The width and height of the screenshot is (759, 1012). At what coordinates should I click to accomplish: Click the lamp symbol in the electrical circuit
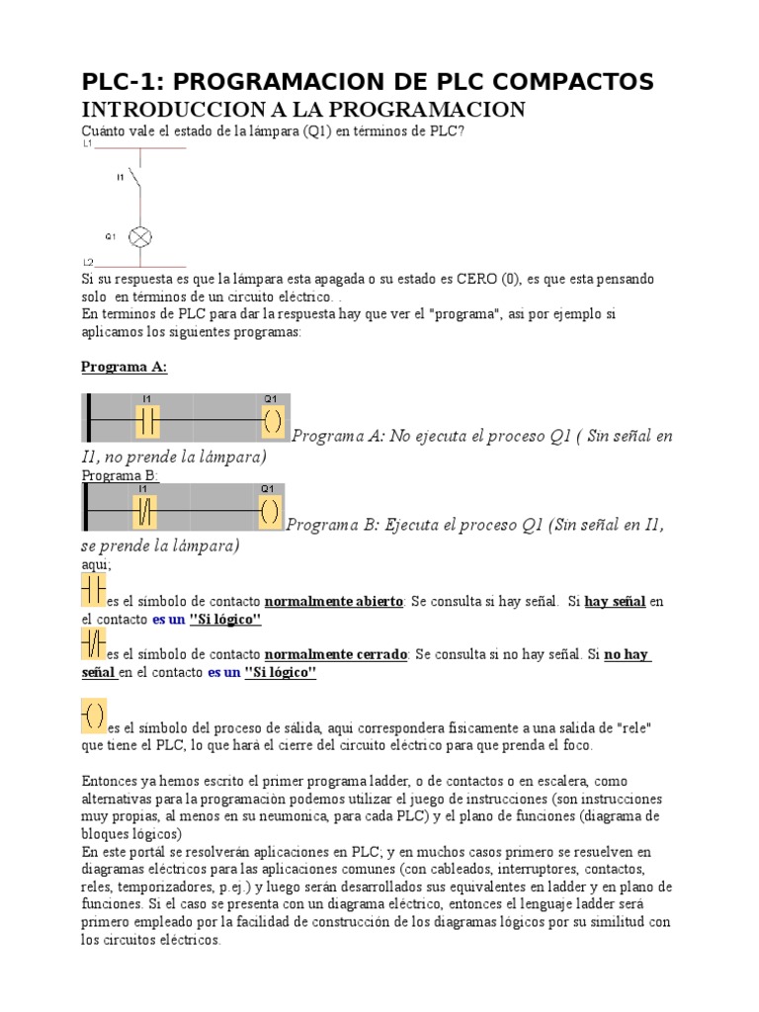(140, 237)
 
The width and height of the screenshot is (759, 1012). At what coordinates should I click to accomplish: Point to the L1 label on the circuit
(87, 144)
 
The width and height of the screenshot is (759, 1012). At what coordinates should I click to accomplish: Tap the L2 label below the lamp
(87, 262)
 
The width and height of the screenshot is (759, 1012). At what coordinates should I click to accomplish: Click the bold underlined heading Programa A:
(124, 367)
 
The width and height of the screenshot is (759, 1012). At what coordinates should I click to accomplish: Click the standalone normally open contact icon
(93, 590)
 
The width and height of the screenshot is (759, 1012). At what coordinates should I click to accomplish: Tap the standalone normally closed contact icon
(93, 645)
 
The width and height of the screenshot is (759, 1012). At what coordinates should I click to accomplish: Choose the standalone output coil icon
(93, 715)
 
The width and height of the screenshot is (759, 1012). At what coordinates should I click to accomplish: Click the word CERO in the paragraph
(478, 280)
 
